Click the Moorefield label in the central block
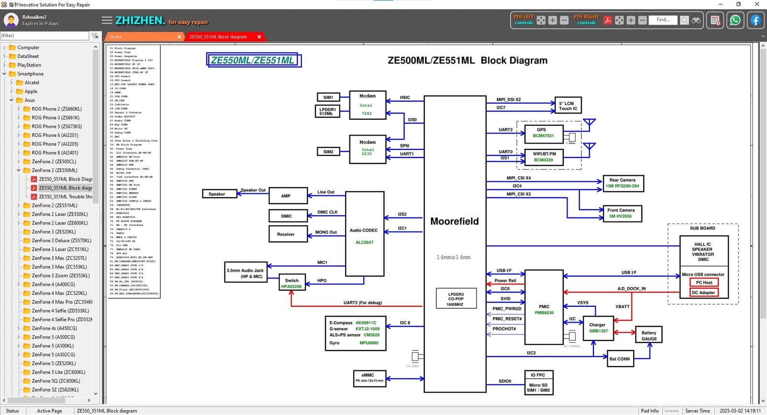(x=454, y=221)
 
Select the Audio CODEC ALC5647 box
(x=364, y=234)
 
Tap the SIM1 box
(x=328, y=97)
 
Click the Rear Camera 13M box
(x=622, y=183)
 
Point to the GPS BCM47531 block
(x=543, y=133)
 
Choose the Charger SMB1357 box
(x=598, y=328)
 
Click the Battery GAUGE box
(x=649, y=336)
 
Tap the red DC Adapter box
(x=703, y=292)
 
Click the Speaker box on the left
(x=220, y=194)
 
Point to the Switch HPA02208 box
(x=291, y=283)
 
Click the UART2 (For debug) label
(x=362, y=303)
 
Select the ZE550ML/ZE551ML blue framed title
(x=253, y=60)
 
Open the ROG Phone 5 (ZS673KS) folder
(x=57, y=126)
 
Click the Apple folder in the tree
(x=31, y=91)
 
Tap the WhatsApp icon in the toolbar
(x=735, y=21)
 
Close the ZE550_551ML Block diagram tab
(x=259, y=37)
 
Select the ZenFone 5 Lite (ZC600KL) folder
(x=58, y=372)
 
